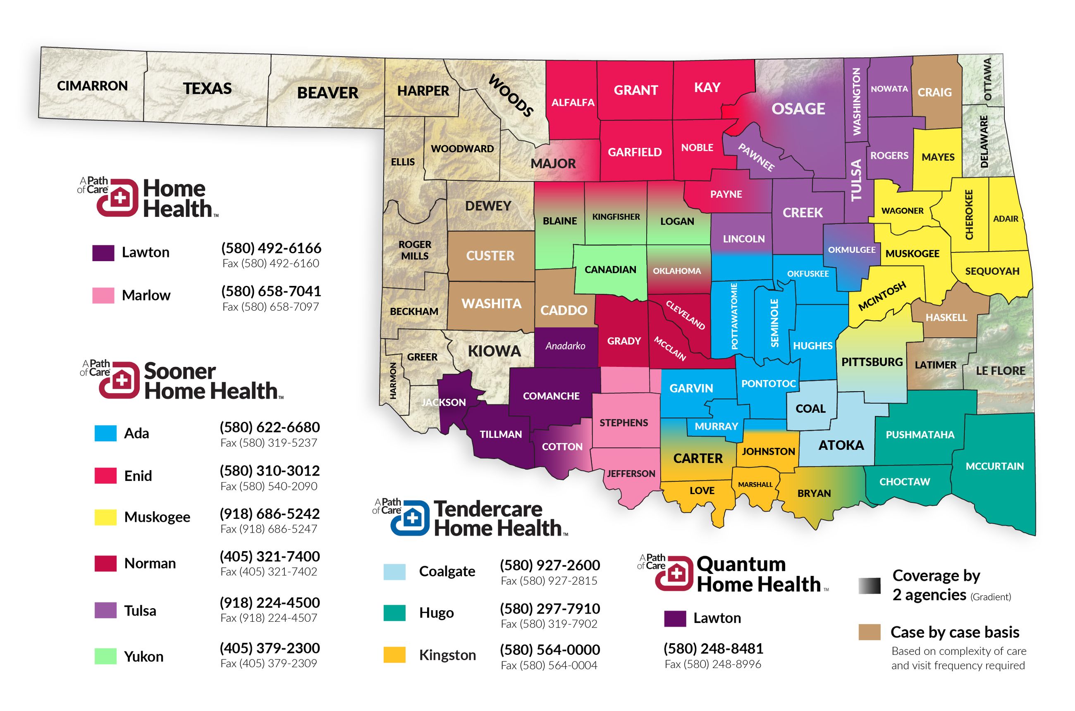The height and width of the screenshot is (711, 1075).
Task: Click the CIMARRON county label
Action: point(92,86)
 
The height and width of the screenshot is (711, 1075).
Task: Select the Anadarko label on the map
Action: point(565,346)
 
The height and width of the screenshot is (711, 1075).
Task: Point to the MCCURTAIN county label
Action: point(994,466)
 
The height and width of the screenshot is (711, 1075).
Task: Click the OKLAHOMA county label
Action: point(676,271)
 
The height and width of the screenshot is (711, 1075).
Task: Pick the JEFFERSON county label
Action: point(631,474)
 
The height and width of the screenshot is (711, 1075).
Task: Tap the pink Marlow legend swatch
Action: point(103,295)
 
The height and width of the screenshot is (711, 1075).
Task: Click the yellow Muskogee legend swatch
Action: point(105,517)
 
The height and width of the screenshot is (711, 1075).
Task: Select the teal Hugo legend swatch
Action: point(394,613)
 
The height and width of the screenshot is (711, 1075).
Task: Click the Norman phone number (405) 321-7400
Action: point(270,556)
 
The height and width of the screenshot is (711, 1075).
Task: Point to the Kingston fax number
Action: point(549,665)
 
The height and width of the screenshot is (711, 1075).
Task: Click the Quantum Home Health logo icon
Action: point(674,573)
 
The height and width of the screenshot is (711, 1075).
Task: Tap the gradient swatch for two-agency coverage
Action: point(869,586)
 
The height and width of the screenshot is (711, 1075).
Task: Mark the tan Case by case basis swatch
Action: point(869,632)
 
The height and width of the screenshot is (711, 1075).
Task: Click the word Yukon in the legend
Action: point(143,656)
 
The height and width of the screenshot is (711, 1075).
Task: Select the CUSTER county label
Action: point(490,256)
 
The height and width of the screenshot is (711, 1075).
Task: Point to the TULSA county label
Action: point(856,180)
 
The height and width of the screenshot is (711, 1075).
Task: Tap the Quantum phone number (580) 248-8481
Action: point(713,649)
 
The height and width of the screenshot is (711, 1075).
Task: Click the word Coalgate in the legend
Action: point(447,571)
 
